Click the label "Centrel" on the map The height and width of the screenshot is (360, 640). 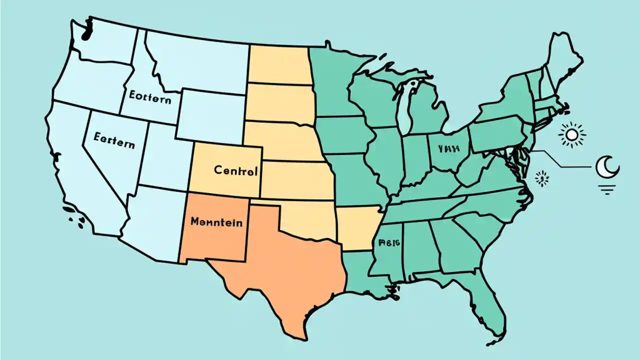click(235, 170)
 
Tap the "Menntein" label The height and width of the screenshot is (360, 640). click(216, 221)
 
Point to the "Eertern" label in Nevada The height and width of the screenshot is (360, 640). click(114, 140)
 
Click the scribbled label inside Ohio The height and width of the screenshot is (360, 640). click(447, 148)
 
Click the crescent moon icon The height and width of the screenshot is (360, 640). click(607, 166)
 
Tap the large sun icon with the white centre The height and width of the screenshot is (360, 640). click(571, 134)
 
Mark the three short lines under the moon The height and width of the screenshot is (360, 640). click(607, 188)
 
